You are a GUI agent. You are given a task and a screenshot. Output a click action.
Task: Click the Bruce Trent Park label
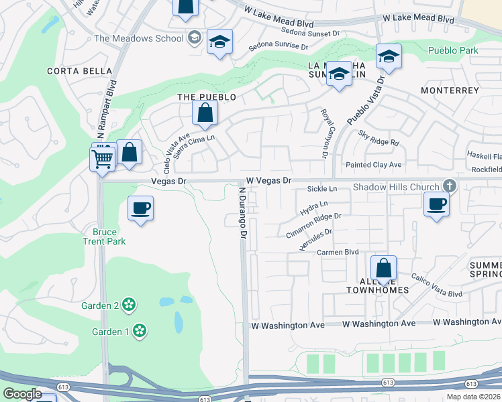[104, 237]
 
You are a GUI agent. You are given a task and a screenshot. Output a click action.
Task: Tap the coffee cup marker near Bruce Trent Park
[140, 208]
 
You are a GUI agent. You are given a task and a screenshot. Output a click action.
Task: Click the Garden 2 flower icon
[129, 306]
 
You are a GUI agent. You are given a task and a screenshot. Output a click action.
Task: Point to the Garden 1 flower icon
[139, 330]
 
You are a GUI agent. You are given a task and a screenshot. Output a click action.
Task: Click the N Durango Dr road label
[243, 213]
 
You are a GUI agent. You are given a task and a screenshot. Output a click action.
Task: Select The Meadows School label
[139, 38]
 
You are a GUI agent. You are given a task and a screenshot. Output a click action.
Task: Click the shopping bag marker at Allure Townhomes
[383, 269]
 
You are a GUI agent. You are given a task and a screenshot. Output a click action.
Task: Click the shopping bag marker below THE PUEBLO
[205, 113]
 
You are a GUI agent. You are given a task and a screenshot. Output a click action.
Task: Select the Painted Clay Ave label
[373, 165]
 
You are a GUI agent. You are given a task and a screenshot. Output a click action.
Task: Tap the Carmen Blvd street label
[338, 252]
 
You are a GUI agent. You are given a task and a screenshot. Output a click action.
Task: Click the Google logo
[22, 393]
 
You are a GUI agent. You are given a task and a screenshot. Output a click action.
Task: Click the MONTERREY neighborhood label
[450, 90]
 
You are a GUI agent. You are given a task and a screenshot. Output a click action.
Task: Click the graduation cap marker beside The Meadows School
[219, 42]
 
